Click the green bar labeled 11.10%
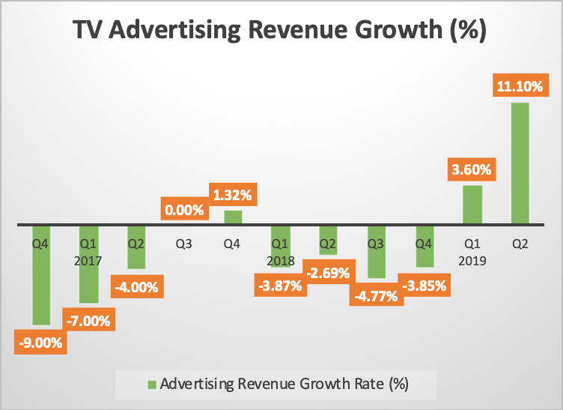[x=520, y=163]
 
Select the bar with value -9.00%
[x=40, y=274]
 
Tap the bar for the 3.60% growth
[x=472, y=205]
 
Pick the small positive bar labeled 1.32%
[x=233, y=217]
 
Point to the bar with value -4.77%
[x=376, y=252]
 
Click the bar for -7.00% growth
[x=88, y=264]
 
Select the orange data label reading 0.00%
[x=184, y=210]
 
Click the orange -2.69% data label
[x=326, y=272]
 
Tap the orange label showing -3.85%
[x=424, y=285]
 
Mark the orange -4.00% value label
[x=136, y=286]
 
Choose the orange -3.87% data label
[x=279, y=285]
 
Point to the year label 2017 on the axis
[x=88, y=261]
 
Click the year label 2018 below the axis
[x=279, y=261]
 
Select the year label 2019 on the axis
[x=472, y=261]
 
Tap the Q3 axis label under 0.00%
[x=184, y=244]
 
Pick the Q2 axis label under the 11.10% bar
[x=520, y=244]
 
